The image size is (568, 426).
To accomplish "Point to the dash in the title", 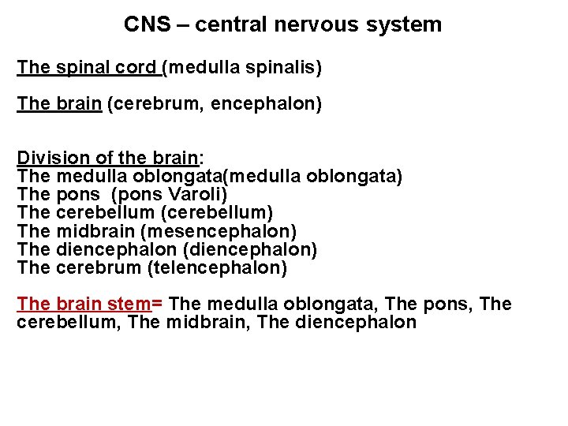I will [182, 24].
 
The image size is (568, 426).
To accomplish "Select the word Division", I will [47, 157].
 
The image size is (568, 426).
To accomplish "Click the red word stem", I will [131, 305].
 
